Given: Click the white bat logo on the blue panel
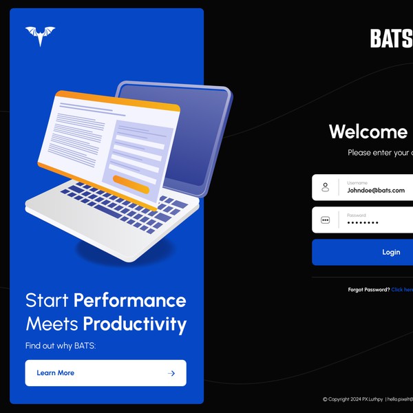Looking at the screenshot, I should (40, 36).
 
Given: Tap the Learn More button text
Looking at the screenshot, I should (55, 373).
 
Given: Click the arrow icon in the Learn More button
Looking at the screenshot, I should (171, 373).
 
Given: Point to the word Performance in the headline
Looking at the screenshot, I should (129, 300).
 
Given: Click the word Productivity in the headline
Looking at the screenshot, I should (134, 324).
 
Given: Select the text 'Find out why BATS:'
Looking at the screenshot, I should (60, 346).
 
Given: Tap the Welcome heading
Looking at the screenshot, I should (369, 131).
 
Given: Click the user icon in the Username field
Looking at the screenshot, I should (326, 187).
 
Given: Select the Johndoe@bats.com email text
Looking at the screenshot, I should (376, 191).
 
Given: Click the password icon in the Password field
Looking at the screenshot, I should (326, 220).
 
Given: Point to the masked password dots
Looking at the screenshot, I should (363, 223).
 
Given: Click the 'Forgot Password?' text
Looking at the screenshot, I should (369, 290).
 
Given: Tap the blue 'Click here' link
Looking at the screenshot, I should (403, 290).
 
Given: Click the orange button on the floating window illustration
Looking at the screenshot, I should (131, 183).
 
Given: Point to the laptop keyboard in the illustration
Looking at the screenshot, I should (117, 206).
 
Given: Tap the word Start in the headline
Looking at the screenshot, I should (47, 300).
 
